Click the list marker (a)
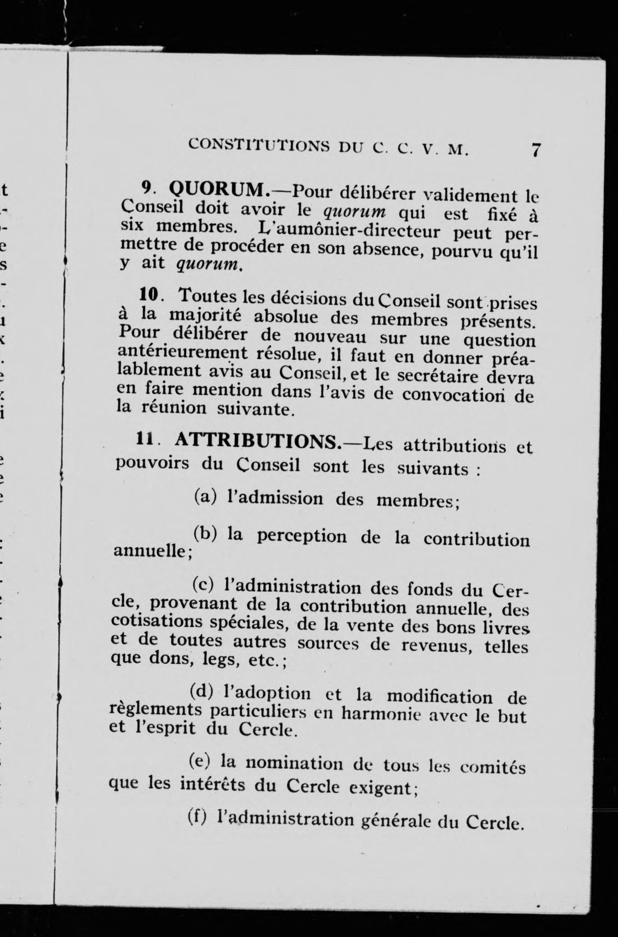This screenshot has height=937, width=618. [x=205, y=496]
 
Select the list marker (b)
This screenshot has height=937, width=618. [x=205, y=533]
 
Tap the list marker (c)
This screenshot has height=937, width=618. [x=204, y=583]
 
